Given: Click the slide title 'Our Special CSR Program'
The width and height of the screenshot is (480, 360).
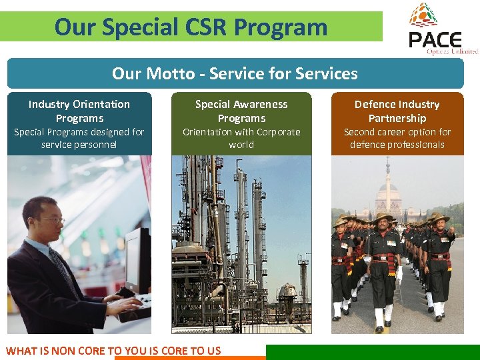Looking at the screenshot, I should point(191,27).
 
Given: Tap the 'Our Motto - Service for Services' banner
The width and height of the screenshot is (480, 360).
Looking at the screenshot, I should point(235,73).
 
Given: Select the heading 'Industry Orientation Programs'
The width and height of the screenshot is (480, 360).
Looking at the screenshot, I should point(79,111).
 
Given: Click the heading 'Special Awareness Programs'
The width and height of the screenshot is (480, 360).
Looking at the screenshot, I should point(241,111).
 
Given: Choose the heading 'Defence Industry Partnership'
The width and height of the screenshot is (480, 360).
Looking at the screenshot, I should point(397,111).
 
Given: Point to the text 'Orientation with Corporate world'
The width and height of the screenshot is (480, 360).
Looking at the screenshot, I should point(241,138).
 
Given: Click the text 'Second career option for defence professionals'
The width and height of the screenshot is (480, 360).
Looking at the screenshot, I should point(397,138).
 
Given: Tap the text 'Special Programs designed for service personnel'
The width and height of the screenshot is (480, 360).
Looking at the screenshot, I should point(79,138).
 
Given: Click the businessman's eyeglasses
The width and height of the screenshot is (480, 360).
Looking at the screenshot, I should point(52,219).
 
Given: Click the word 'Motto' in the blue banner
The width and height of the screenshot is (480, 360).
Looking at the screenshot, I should point(169,73).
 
